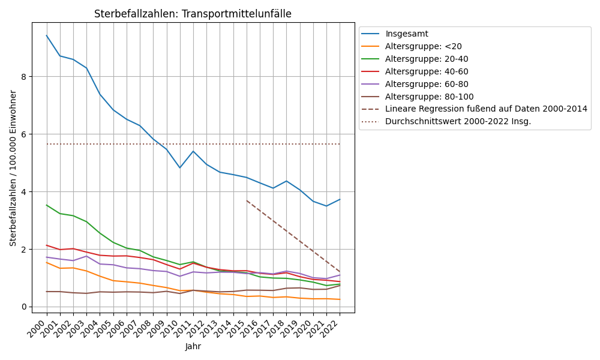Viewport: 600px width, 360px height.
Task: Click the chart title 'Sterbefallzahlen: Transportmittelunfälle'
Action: (x=193, y=14)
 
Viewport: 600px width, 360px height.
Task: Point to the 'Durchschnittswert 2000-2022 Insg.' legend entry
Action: (x=458, y=122)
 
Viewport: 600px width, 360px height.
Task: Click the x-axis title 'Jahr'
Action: (x=193, y=347)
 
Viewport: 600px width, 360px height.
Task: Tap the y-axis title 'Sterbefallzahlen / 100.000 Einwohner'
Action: (x=13, y=168)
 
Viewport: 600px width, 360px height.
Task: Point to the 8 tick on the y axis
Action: (x=24, y=77)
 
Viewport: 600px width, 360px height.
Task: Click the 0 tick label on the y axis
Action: (x=24, y=307)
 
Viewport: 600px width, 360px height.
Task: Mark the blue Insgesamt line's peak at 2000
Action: (x=47, y=35)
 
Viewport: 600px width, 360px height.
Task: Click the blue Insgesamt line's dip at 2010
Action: (x=180, y=167)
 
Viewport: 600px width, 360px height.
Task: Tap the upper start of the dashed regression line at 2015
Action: (x=247, y=200)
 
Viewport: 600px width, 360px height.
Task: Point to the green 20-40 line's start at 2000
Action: (x=47, y=205)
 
